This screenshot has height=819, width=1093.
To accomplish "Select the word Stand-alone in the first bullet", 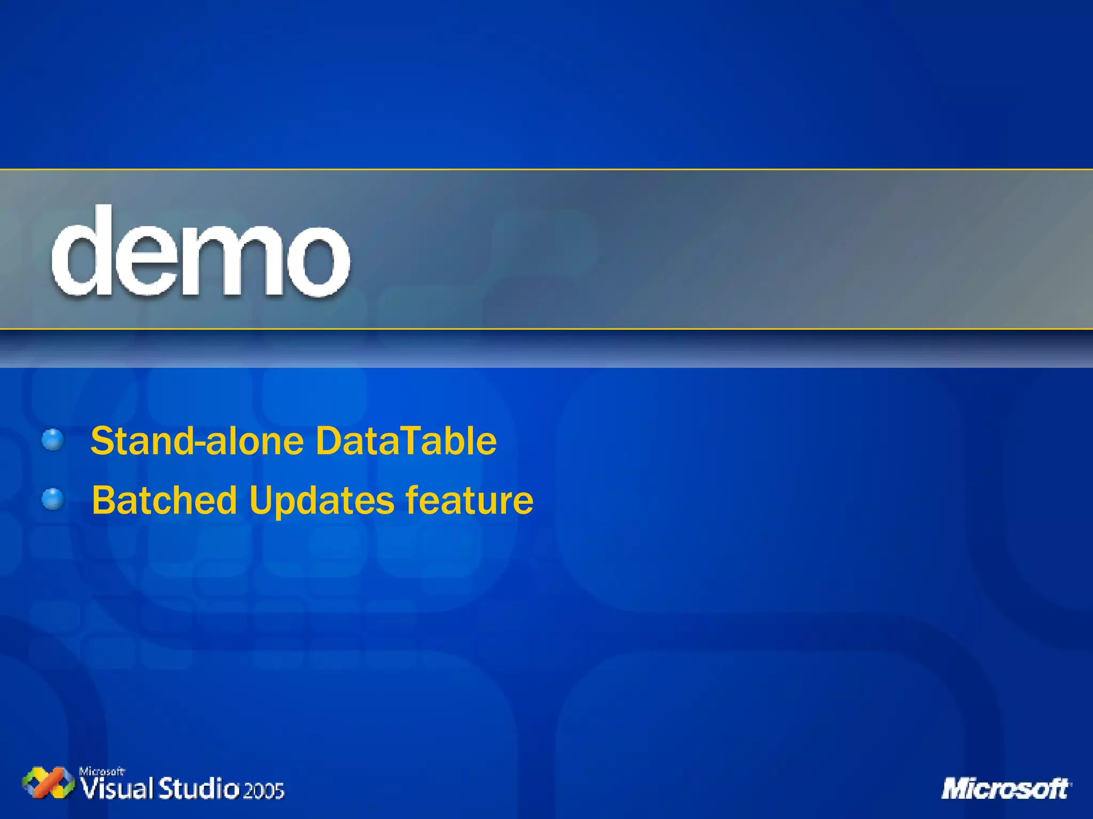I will [197, 441].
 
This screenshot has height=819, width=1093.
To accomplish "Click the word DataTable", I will [406, 441].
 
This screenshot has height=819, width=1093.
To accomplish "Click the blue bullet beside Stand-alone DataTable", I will [53, 440].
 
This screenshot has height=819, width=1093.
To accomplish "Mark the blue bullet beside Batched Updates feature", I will [53, 499].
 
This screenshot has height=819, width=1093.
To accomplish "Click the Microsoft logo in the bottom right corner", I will [1007, 789].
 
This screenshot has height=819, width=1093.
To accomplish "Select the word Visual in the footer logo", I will [117, 789].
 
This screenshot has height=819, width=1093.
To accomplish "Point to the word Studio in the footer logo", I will [199, 789].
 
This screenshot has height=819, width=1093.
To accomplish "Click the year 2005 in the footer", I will [264, 790].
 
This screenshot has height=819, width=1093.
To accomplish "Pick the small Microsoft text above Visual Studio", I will [101, 771].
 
